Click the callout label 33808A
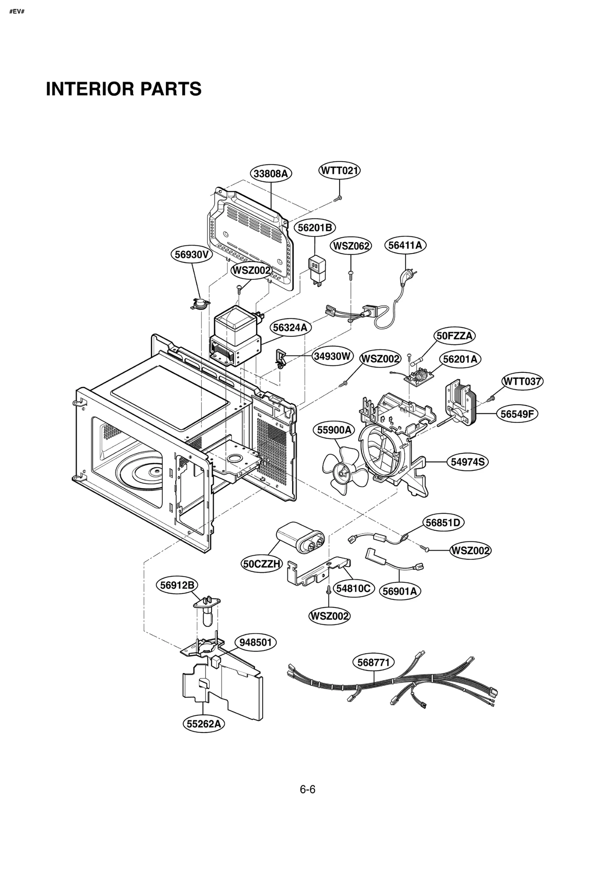(271, 174)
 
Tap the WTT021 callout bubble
(339, 170)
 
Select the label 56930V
(191, 254)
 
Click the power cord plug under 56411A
(405, 276)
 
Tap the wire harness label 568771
(373, 663)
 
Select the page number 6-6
(307, 790)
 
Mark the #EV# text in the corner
(17, 12)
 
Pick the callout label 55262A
(204, 724)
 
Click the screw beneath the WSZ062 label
(351, 273)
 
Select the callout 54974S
(467, 462)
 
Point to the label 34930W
(332, 356)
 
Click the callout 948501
(255, 642)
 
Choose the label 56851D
(443, 523)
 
